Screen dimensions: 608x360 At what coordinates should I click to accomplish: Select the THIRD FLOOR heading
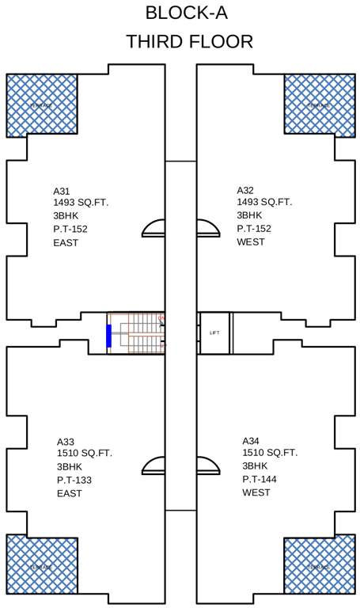pyautogui.click(x=189, y=42)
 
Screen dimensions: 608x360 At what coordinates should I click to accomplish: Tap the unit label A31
pyautogui.click(x=62, y=191)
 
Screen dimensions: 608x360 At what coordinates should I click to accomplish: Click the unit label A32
pyautogui.click(x=245, y=190)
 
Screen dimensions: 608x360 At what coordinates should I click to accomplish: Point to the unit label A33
pyautogui.click(x=65, y=441)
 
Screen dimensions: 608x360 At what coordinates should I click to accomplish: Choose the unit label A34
pyautogui.click(x=251, y=440)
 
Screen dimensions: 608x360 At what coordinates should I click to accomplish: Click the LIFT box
pyautogui.click(x=214, y=332)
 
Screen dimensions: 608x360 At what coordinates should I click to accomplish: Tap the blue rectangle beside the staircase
pyautogui.click(x=108, y=335)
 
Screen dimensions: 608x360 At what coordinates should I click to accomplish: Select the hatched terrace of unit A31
pyautogui.click(x=42, y=104)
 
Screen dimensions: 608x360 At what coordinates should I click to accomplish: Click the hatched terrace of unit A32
pyautogui.click(x=318, y=104)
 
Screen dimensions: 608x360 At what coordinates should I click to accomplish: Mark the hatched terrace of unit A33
pyautogui.click(x=42, y=565)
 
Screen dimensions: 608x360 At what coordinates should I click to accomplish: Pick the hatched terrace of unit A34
pyautogui.click(x=318, y=565)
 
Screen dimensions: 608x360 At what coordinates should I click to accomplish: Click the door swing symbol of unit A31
pyautogui.click(x=153, y=229)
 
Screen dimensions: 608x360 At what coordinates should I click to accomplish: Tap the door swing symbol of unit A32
pyautogui.click(x=207, y=229)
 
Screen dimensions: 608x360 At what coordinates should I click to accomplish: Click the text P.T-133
pyautogui.click(x=74, y=480)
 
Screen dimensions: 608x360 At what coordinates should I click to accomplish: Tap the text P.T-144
pyautogui.click(x=260, y=479)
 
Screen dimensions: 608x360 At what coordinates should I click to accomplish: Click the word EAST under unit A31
pyautogui.click(x=66, y=243)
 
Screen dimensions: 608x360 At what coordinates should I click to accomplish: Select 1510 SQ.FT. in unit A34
pyautogui.click(x=270, y=453)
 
